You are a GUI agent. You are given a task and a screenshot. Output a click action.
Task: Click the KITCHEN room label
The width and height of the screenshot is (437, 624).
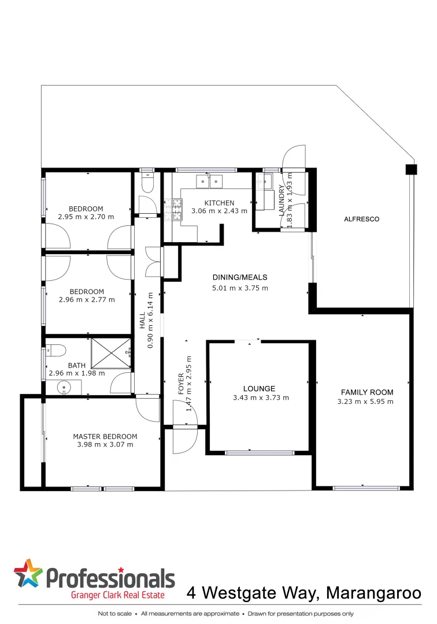point(220,203)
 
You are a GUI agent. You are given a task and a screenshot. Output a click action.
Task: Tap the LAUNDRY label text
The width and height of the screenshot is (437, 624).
point(282,200)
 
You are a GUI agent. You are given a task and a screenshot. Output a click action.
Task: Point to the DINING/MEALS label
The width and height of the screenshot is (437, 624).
point(240,277)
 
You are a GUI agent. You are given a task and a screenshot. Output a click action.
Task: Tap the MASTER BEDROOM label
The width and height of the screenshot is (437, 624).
point(105,436)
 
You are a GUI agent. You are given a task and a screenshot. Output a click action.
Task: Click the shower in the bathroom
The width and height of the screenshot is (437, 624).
point(110,352)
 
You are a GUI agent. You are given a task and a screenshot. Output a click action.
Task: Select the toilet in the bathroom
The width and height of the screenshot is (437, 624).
point(56,350)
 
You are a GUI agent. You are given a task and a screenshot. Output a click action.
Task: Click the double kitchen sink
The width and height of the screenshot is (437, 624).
point(209,181)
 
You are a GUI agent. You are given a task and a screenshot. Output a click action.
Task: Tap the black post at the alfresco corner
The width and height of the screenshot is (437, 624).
point(410,169)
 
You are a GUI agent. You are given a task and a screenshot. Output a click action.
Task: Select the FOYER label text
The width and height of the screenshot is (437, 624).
point(180,384)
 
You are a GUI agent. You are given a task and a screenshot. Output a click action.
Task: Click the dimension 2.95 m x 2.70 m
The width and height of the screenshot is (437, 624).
point(86,217)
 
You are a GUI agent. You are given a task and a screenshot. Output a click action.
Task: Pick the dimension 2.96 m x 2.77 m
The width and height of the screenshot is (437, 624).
point(87,300)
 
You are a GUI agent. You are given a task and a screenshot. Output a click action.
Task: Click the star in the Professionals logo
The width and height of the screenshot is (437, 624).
point(28,575)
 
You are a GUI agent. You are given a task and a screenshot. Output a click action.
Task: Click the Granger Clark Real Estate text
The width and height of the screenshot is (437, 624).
point(117,595)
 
